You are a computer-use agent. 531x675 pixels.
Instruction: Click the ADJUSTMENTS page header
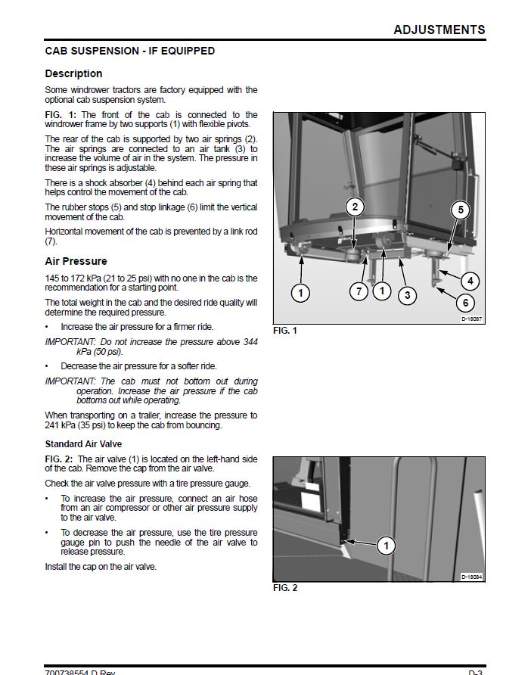click(439, 30)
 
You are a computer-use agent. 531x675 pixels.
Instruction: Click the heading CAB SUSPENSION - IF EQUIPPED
click(129, 51)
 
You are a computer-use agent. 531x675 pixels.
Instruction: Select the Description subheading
click(73, 74)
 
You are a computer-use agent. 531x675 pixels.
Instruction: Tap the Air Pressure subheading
click(76, 261)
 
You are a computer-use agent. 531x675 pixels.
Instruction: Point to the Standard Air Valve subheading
click(83, 444)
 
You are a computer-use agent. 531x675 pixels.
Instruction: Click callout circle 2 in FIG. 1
click(356, 207)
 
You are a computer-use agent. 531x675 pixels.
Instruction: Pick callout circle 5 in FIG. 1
click(461, 210)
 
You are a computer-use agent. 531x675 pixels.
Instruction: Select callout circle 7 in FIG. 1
click(359, 291)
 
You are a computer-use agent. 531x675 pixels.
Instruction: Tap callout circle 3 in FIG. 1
click(408, 295)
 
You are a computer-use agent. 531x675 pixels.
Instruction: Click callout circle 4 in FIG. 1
click(470, 281)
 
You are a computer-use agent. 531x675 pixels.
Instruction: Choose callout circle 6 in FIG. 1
click(465, 303)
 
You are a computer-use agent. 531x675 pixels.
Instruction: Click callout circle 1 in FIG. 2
click(386, 545)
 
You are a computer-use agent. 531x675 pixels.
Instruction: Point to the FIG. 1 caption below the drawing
click(285, 331)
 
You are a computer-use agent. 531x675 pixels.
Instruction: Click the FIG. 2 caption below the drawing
click(285, 588)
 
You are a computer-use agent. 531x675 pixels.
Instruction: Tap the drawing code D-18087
click(472, 319)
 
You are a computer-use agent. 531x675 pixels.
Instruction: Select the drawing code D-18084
click(472, 577)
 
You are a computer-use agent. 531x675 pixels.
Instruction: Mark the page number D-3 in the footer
click(476, 672)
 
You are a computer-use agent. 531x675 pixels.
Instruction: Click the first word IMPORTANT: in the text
click(67, 342)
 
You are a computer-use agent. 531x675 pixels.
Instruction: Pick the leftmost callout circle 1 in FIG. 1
click(301, 292)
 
